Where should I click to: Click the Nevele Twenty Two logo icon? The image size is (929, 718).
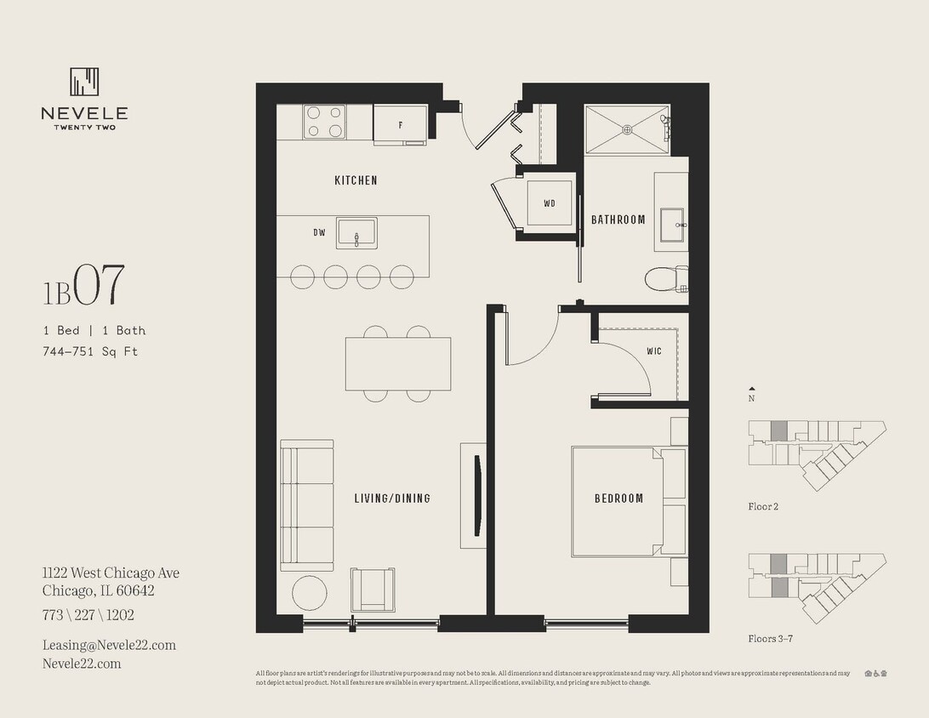84,82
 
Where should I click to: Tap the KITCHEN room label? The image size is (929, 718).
356,180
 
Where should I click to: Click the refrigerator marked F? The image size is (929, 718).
400,124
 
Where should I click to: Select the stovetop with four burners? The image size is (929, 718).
324,122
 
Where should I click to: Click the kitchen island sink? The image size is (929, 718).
356,232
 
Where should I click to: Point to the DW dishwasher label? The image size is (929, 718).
319,232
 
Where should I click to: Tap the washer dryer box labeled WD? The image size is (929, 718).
549,203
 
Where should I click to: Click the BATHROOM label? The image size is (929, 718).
618,219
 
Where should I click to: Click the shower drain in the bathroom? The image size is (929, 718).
627,129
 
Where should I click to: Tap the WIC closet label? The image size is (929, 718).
654,350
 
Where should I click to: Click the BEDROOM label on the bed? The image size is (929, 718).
618,499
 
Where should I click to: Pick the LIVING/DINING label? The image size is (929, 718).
392,499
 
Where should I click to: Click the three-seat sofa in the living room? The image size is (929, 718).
306,505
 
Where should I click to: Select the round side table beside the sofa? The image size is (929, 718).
309,592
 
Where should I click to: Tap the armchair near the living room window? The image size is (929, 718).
373,589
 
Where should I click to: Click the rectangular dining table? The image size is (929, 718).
397,363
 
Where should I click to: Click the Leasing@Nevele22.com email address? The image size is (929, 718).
109,645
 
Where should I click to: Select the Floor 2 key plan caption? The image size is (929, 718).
763,507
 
